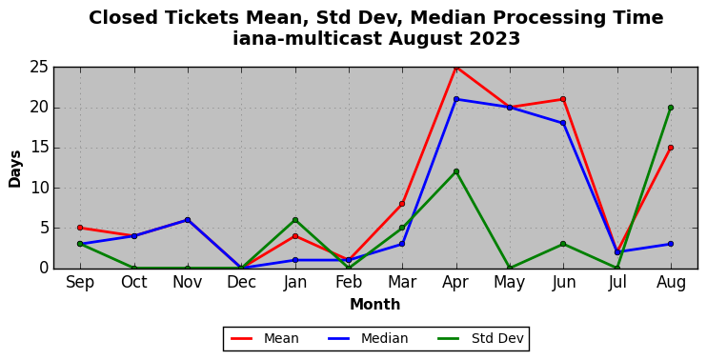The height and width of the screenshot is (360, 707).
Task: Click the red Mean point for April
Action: click(x=456, y=68)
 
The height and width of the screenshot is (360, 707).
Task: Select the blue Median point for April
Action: click(x=456, y=99)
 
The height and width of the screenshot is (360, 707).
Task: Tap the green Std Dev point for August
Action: click(x=671, y=108)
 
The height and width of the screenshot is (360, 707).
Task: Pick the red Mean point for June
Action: click(x=563, y=99)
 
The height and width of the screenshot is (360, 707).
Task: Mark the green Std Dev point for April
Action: click(x=456, y=171)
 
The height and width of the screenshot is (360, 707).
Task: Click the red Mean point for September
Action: click(x=80, y=228)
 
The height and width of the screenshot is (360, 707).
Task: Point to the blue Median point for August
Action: click(x=671, y=244)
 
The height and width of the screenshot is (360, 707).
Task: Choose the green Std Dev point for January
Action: click(x=295, y=220)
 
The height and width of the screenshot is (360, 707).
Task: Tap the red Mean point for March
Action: click(x=402, y=204)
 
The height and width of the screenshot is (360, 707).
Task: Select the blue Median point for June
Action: click(x=563, y=123)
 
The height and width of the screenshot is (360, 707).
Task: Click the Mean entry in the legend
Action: click(x=265, y=338)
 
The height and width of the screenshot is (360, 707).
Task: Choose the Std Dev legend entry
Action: click(x=480, y=338)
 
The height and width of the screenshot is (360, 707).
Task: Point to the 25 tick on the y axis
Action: click(x=39, y=68)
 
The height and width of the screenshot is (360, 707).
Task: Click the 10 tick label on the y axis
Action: click(x=39, y=188)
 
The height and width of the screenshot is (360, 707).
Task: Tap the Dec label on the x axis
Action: click(x=242, y=283)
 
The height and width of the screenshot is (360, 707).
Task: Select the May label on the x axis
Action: click(x=510, y=283)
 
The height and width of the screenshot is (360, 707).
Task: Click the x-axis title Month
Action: click(x=375, y=305)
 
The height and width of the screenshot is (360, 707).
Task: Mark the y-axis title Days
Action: click(x=15, y=169)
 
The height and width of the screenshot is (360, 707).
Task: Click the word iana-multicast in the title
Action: click(x=308, y=39)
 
